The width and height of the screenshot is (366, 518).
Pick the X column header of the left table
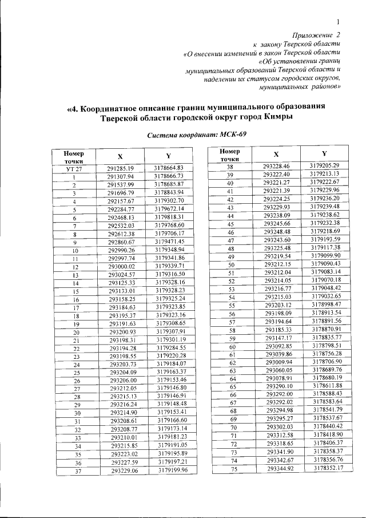(x=120, y=157)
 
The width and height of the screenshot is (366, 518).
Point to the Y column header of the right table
(x=324, y=154)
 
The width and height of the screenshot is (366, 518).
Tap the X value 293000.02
(x=121, y=267)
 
